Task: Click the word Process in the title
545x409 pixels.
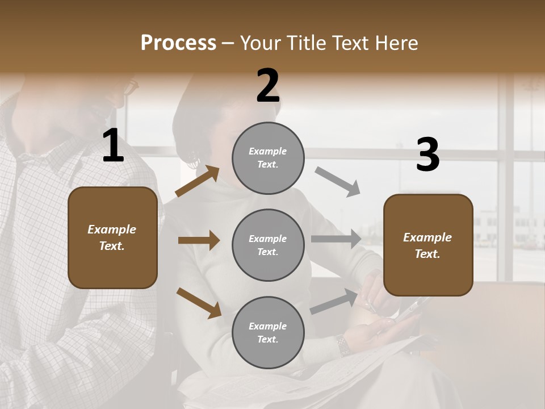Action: point(178,43)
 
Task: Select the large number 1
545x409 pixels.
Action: point(113,146)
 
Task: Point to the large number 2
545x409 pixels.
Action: point(268,86)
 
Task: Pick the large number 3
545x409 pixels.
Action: point(427,155)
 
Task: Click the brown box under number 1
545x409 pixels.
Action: point(112,237)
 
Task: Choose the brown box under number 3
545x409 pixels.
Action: point(428,245)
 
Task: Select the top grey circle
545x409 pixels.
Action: point(268,158)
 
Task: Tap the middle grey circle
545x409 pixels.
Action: point(268,245)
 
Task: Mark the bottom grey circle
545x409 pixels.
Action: point(268,332)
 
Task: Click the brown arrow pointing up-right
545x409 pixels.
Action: point(198,181)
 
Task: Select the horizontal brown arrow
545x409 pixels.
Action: point(199,240)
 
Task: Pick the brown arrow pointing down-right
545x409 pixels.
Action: point(199,302)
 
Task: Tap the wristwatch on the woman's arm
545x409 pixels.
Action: point(342,345)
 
